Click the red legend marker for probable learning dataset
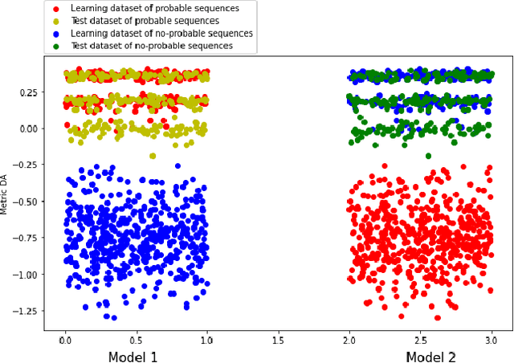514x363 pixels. pos(55,8)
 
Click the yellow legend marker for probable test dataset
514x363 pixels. pos(55,20)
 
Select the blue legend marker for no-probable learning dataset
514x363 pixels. pos(55,33)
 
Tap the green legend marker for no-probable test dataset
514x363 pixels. pos(55,46)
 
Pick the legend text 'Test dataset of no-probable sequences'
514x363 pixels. pos(152,46)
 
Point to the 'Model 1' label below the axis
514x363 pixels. pos(133,357)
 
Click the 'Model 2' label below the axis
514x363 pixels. pos(430,357)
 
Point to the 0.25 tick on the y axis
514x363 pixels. pos(28,92)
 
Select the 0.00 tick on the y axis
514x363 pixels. pos(28,128)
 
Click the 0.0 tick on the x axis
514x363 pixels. pos(65,339)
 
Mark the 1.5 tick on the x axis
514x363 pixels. pos(278,339)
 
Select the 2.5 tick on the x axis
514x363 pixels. pos(420,339)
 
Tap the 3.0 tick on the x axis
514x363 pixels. pos(491,339)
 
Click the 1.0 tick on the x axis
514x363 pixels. pos(207,339)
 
